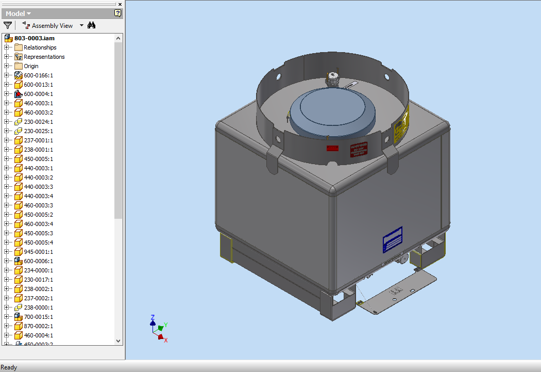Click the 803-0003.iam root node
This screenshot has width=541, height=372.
coord(34,38)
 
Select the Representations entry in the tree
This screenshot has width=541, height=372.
coord(44,57)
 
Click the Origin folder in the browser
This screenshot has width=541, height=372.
coord(31,66)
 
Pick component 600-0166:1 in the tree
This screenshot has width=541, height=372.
coord(38,75)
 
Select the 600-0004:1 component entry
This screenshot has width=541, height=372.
coord(38,94)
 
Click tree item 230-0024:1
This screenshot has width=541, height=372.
coord(38,122)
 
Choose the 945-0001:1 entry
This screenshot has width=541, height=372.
coord(38,252)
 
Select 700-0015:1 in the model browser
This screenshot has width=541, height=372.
coord(38,317)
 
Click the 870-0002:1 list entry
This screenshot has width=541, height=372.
coord(38,326)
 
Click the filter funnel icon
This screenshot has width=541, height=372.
coord(8,25)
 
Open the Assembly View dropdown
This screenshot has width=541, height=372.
coord(81,26)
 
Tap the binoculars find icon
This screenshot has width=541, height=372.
coord(92,25)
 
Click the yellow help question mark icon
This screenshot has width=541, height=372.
coord(117,13)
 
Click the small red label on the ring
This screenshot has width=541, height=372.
coord(332,149)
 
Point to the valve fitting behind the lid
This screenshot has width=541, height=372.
coord(331,80)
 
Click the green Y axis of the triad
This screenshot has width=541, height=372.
coord(161,327)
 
